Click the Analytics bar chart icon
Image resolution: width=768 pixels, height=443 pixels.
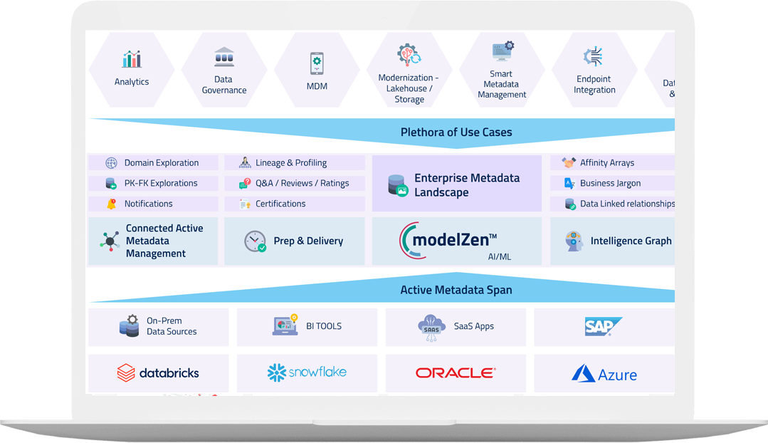(x=132, y=58)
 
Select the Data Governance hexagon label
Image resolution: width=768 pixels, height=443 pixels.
(x=224, y=85)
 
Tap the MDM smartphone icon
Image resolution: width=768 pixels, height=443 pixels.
(x=317, y=63)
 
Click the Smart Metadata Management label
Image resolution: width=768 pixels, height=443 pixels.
(x=502, y=84)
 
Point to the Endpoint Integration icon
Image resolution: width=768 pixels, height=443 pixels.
(x=594, y=57)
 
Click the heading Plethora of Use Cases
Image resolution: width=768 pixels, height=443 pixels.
(x=456, y=132)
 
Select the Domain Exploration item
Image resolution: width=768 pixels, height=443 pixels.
(x=161, y=163)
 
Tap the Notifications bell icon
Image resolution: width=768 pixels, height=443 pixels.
(x=111, y=204)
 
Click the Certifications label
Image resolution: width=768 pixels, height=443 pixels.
(x=280, y=204)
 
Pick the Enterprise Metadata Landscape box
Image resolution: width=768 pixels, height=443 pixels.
(x=457, y=184)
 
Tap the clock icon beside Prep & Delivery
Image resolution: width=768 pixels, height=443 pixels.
(x=255, y=241)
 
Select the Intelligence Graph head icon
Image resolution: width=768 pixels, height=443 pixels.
(x=573, y=241)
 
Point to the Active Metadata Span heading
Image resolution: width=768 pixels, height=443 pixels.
(x=456, y=290)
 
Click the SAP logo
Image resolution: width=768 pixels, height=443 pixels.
(x=604, y=326)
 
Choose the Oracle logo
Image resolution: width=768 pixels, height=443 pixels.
(x=456, y=372)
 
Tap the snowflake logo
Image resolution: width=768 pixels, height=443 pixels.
(x=306, y=372)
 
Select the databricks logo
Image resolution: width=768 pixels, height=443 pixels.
(x=158, y=372)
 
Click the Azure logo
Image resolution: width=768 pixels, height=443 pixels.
(x=604, y=374)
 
